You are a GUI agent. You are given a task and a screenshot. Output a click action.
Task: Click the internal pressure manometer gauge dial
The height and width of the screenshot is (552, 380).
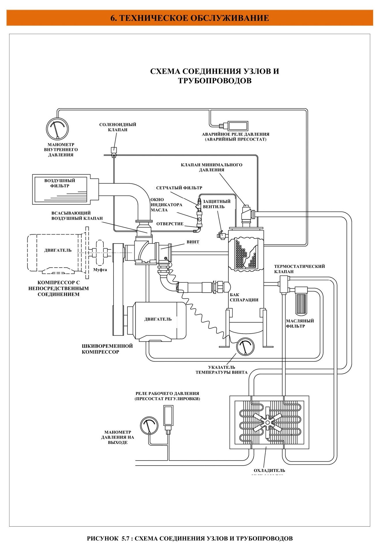(x=57, y=129)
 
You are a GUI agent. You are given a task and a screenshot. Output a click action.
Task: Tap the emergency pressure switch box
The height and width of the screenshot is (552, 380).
(x=238, y=126)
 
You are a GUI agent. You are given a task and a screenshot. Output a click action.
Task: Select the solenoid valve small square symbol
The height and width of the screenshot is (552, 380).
(x=114, y=150)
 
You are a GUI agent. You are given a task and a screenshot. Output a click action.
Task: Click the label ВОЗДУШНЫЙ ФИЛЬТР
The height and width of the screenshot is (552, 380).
(x=60, y=183)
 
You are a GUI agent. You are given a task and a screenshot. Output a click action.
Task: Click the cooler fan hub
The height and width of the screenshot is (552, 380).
(x=268, y=423)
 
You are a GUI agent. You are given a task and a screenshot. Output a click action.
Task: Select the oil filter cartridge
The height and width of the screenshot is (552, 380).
(x=301, y=304)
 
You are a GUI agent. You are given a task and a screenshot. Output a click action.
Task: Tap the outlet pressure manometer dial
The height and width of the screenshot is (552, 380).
(x=149, y=426)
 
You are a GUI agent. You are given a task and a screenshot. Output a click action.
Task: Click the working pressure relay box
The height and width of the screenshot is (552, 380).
(x=168, y=415)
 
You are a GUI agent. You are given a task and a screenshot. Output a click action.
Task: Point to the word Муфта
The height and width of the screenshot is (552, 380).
(x=100, y=270)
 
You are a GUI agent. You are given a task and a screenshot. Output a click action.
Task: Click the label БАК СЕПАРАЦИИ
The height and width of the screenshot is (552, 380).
(x=244, y=297)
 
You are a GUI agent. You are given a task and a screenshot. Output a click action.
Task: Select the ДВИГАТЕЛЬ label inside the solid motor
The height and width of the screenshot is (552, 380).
(x=158, y=319)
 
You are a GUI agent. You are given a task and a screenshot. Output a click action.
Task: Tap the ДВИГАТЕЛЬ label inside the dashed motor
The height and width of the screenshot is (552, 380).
(x=58, y=250)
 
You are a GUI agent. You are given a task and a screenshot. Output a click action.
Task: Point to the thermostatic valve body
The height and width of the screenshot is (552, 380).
(x=284, y=284)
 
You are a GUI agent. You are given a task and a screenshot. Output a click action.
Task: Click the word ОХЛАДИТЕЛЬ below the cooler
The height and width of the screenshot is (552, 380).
(x=269, y=470)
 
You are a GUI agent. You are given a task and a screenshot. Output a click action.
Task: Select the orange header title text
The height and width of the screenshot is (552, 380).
(x=190, y=18)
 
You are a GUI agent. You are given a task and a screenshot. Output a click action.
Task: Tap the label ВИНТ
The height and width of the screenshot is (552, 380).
(x=193, y=242)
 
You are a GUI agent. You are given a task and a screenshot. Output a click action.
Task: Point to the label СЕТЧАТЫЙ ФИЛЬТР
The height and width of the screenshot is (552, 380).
(x=179, y=188)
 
